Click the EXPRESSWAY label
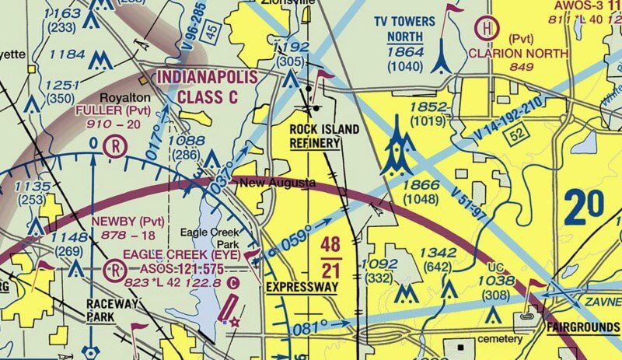302,287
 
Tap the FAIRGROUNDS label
576,326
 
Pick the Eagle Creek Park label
207,238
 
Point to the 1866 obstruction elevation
420,185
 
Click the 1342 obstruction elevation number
438,253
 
